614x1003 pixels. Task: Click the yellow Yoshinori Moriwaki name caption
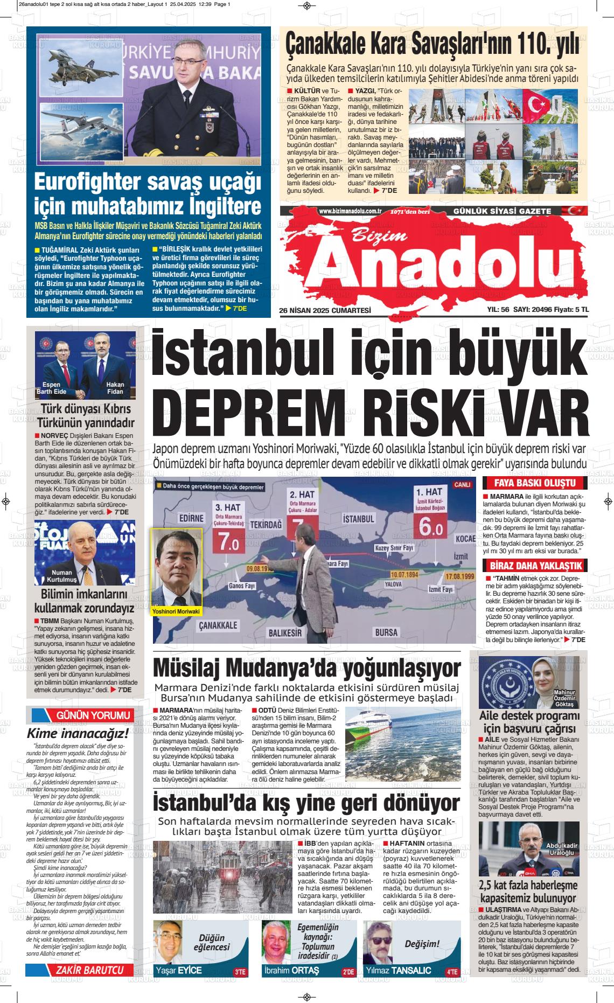tap(176, 612)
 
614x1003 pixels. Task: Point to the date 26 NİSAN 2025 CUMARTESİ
tap(326, 310)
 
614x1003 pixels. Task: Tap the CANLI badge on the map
tap(462, 484)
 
